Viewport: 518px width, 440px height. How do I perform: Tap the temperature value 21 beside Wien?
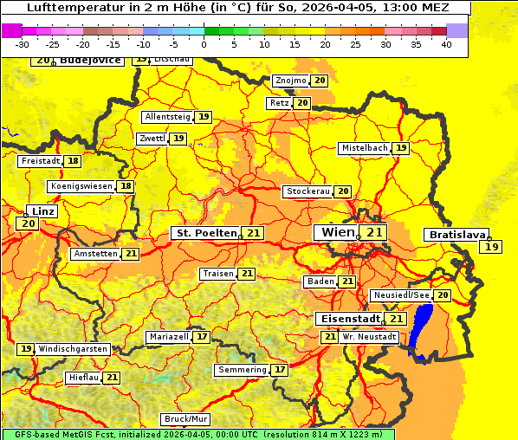tap(374, 232)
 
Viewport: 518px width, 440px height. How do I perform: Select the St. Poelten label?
tap(206, 233)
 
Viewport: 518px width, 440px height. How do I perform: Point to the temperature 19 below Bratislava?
tap(492, 247)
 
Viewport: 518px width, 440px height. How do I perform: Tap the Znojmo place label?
tap(290, 81)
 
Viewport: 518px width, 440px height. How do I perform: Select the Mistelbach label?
tap(364, 148)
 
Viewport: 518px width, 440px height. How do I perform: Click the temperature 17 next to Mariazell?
tap(202, 336)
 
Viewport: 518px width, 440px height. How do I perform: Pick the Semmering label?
tap(243, 370)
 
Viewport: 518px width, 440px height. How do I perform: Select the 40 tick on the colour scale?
tap(446, 44)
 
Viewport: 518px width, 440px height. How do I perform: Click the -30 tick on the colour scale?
tap(23, 44)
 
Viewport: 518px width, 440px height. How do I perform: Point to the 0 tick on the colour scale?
tap(204, 44)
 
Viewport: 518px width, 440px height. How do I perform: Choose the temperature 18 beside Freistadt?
tap(73, 161)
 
